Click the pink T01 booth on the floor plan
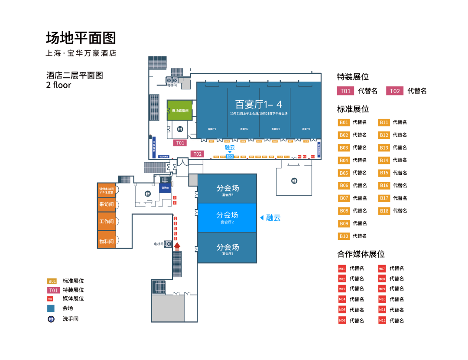(180, 143)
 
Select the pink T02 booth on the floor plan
(198, 154)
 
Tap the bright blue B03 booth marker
(230, 157)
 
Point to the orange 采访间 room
(106, 204)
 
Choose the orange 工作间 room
(106, 222)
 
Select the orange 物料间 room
(106, 241)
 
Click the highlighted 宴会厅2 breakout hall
(227, 218)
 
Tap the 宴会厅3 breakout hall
(227, 190)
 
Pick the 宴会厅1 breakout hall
(227, 249)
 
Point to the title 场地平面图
(81, 38)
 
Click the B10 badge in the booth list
(344, 236)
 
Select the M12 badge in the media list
(382, 321)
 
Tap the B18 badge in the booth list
(384, 211)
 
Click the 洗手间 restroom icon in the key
(51, 319)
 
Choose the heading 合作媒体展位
(361, 254)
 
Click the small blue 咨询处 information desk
(165, 188)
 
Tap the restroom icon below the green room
(180, 129)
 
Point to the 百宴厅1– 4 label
(258, 105)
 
